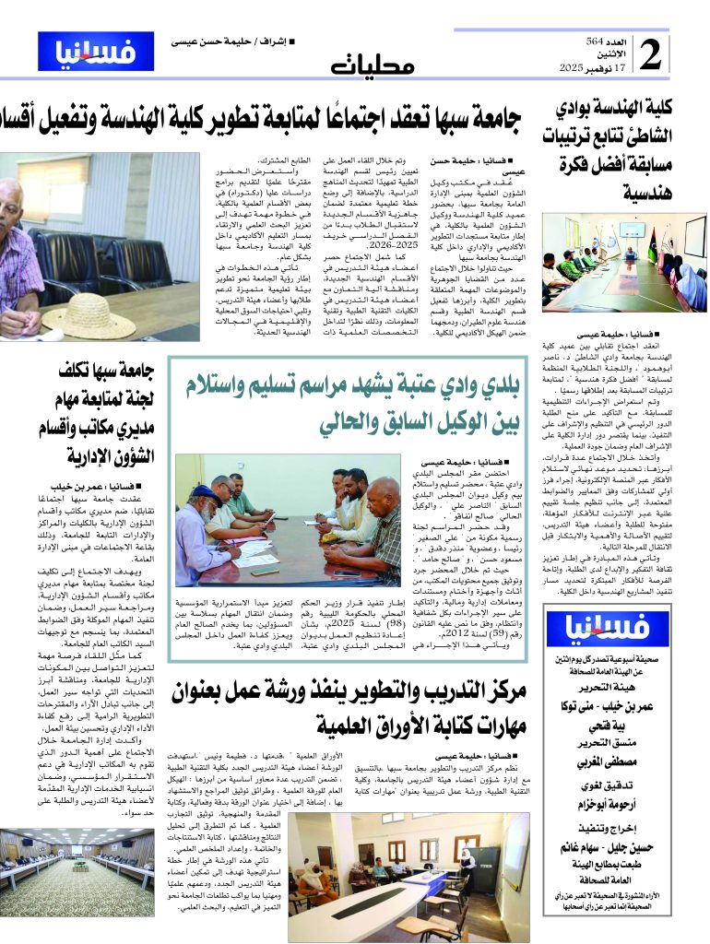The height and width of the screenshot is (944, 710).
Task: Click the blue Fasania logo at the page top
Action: click(96, 51)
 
